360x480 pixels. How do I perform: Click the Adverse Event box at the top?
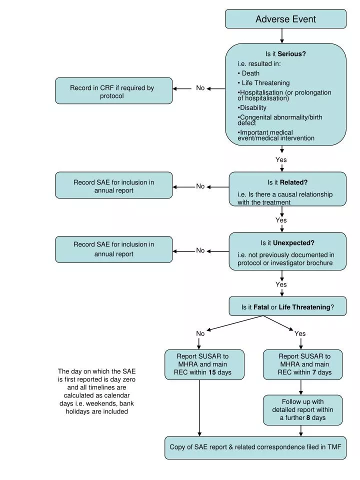pos(285,19)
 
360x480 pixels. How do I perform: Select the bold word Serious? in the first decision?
pos(292,54)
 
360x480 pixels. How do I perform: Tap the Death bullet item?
pos(250,73)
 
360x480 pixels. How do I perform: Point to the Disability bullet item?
pos(253,107)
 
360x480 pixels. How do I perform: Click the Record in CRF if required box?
pos(113,91)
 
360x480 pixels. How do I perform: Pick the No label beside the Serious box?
pos(200,88)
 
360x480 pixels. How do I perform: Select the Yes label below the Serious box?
pos(281,159)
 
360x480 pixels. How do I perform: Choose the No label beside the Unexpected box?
pos(200,250)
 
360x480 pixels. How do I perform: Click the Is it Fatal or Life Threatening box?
pos(287,307)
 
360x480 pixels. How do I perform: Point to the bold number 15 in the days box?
pos(212,372)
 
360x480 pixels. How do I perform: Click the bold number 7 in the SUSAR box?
pos(314,372)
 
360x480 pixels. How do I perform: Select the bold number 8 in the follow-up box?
pos(308,417)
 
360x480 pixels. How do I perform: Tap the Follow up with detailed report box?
pos(302,409)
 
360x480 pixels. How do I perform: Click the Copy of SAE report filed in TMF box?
pos(255,447)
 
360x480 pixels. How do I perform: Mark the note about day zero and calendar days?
pos(96,391)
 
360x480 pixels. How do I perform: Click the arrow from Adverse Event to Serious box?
pos(282,35)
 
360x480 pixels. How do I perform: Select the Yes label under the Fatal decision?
pos(300,333)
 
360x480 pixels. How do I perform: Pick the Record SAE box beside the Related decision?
pos(113,186)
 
